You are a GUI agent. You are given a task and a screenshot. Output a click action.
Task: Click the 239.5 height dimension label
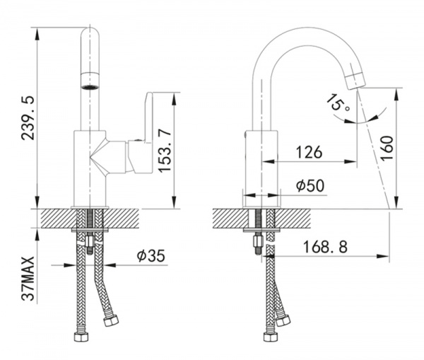[28, 117]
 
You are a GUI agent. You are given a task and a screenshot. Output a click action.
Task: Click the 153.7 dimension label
[165, 151]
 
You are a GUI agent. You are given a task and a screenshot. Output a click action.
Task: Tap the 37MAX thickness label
[28, 278]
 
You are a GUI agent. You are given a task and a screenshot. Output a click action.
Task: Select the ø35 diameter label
[151, 255]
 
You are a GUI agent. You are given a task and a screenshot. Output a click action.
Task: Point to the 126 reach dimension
[310, 152]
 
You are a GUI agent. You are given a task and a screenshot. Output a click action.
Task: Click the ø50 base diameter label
[310, 186]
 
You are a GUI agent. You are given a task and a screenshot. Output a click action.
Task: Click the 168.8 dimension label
[325, 247]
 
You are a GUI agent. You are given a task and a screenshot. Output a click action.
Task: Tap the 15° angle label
[338, 103]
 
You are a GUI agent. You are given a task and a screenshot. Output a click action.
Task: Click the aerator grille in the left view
[90, 87]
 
